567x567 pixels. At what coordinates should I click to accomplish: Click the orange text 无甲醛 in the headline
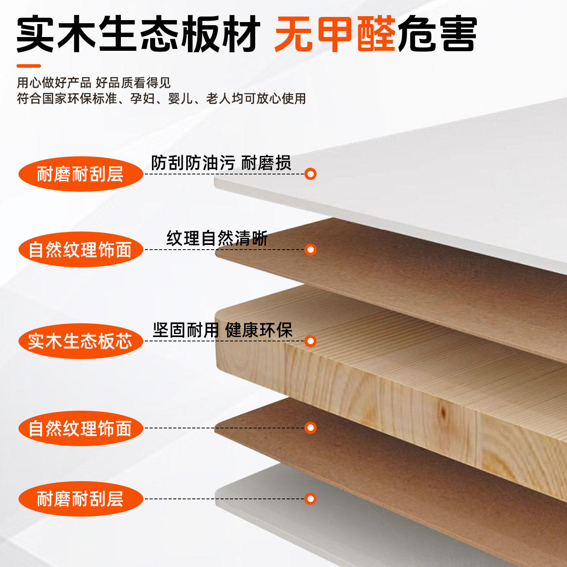[335, 34]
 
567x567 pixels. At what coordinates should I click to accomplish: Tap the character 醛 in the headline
[376, 34]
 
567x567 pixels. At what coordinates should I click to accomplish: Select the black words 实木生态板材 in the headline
[138, 34]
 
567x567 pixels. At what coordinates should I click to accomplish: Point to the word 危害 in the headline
[437, 34]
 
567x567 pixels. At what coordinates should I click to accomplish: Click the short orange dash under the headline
[29, 66]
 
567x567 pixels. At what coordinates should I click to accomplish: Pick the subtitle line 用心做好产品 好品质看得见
[94, 83]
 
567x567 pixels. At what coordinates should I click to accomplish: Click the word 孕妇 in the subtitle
[142, 98]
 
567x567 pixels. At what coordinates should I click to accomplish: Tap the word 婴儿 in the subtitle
[180, 98]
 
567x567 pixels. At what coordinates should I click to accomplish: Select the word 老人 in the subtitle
[218, 98]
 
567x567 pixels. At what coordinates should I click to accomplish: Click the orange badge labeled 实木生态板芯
[80, 341]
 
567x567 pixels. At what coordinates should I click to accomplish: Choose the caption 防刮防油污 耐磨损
[221, 163]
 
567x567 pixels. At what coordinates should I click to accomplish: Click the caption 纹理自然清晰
[217, 239]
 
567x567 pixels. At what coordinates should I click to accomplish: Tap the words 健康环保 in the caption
[259, 330]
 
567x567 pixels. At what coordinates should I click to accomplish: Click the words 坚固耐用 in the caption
[185, 330]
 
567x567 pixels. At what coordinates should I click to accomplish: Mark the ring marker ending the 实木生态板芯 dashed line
[310, 341]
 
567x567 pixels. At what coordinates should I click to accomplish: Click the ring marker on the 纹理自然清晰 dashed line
[310, 250]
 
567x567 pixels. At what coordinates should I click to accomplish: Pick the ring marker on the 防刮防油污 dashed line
[310, 174]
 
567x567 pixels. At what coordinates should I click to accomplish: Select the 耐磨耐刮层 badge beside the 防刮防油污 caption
[80, 174]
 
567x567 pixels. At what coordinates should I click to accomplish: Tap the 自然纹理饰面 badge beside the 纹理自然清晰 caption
[80, 250]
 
